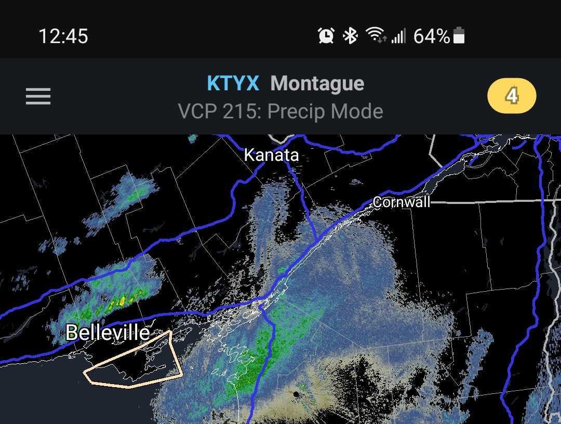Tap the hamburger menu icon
38,96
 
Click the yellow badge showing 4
512,96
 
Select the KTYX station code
233,84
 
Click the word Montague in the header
317,84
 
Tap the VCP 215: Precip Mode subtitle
280,111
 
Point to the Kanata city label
271,155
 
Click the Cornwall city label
402,202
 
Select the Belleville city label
108,332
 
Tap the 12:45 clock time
63,36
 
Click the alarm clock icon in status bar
326,36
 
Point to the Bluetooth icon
351,36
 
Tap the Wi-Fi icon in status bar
375,35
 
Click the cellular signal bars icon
398,36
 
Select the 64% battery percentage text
431,36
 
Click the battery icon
459,36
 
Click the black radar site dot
296,394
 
